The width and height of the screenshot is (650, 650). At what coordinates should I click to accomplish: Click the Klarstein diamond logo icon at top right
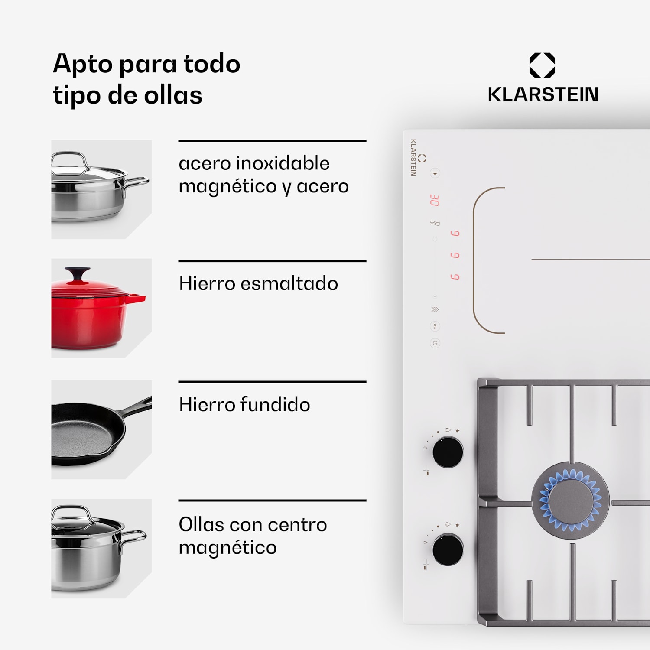[542, 65]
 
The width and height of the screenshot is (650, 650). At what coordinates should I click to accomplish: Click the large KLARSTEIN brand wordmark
[543, 94]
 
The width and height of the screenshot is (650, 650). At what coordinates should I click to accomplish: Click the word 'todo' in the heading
[212, 64]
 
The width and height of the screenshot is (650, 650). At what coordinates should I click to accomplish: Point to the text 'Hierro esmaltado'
[258, 283]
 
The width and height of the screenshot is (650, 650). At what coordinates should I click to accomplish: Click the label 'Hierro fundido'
[244, 404]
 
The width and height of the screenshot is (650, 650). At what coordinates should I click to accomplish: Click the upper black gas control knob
[448, 452]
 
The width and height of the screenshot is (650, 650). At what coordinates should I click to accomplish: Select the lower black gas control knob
[448, 549]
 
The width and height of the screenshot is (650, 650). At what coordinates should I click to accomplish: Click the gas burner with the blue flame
[570, 500]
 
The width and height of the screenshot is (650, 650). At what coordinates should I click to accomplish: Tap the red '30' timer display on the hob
[435, 200]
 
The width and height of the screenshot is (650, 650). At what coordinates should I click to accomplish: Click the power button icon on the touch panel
[435, 343]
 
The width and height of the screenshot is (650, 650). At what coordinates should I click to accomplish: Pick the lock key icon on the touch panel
[435, 326]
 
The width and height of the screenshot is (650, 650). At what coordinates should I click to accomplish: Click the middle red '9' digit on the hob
[455, 255]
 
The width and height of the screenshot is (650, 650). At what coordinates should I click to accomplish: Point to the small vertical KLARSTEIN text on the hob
[413, 157]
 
